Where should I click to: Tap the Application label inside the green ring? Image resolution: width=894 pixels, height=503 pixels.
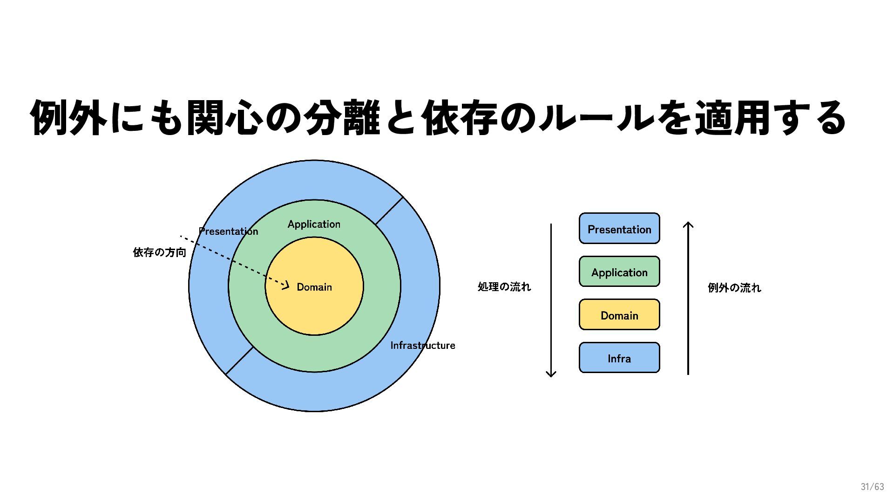point(314,224)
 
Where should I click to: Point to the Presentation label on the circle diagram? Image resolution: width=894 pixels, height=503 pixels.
point(228,231)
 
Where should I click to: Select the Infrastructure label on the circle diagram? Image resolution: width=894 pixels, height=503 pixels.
point(422,346)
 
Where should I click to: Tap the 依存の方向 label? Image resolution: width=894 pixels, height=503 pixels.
point(159,252)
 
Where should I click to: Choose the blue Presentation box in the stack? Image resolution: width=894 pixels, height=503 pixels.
point(619,229)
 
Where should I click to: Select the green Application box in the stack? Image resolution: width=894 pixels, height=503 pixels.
point(619,272)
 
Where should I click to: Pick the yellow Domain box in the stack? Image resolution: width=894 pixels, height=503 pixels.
point(619,315)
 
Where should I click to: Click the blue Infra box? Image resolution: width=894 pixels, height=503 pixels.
point(619,358)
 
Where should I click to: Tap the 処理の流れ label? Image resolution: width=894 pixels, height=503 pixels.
point(504,287)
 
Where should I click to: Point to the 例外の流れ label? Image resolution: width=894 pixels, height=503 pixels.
point(734,288)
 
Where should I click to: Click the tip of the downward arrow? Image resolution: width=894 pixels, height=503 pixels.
point(551,375)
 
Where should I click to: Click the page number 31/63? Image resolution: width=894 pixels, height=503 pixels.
point(872,487)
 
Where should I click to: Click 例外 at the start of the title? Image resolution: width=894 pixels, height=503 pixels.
point(68,118)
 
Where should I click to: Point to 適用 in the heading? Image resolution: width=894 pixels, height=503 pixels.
point(733,118)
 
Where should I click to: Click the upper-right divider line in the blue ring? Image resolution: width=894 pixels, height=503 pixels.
point(389,211)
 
